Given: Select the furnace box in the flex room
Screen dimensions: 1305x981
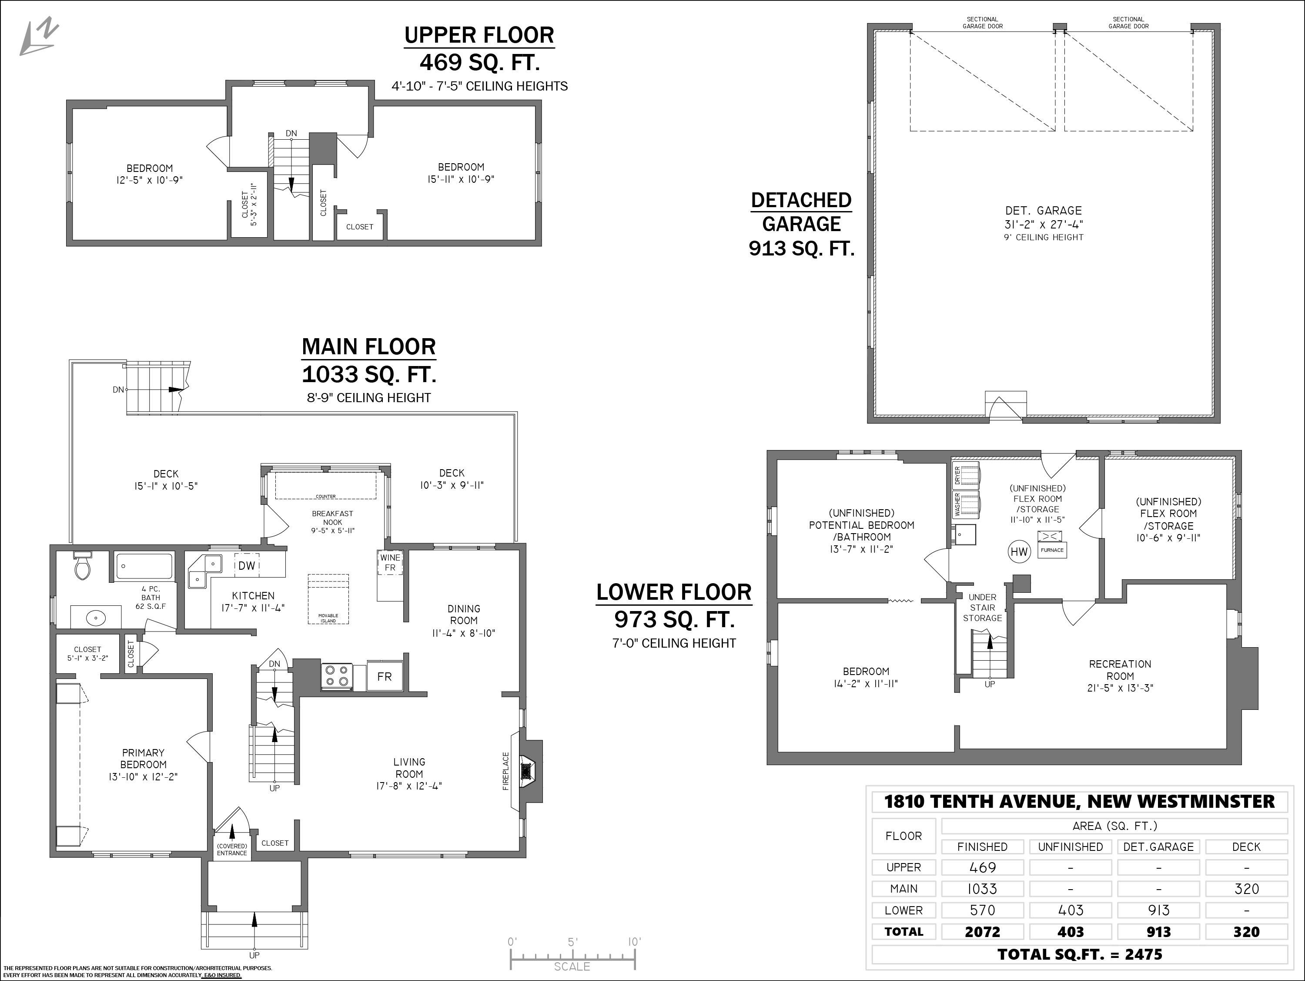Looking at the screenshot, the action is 1052,544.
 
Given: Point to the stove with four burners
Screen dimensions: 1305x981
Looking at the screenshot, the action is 337,676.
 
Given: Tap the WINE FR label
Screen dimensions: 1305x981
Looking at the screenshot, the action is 390,562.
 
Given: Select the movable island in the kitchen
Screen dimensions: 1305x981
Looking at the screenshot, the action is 328,599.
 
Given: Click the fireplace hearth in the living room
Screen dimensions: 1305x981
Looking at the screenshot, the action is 525,771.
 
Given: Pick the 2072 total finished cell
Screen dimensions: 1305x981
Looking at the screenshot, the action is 982,932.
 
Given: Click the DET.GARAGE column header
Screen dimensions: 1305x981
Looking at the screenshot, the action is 1158,847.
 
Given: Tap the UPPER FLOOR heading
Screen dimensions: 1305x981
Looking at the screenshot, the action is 479,35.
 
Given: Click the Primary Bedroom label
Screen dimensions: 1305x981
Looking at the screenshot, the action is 144,759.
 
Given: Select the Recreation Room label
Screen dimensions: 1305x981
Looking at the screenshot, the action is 1120,670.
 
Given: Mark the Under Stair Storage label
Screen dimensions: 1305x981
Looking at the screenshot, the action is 982,608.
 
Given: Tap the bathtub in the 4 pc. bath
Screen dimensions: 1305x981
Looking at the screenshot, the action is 144,567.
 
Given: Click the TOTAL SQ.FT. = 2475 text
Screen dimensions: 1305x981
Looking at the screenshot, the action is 1080,954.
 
